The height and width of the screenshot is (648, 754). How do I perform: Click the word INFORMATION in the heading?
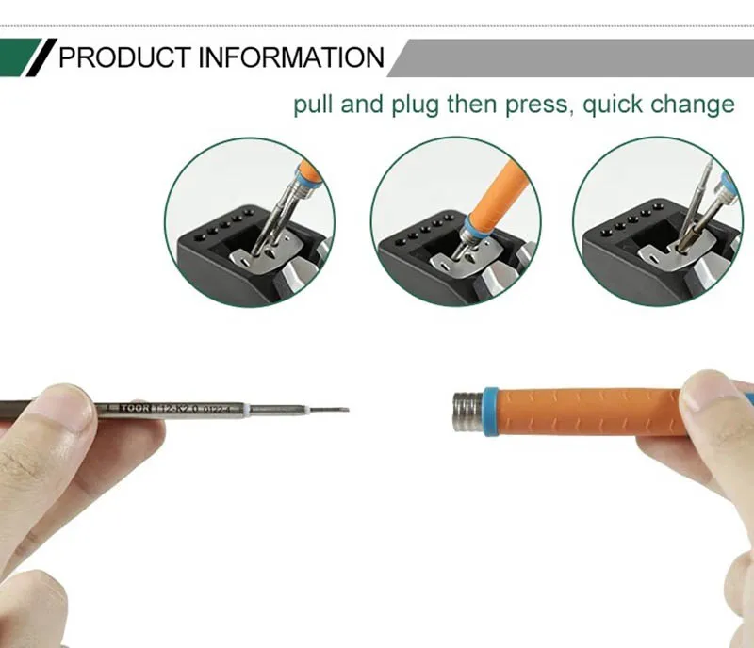(290, 58)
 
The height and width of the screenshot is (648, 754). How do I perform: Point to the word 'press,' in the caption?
(537, 105)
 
